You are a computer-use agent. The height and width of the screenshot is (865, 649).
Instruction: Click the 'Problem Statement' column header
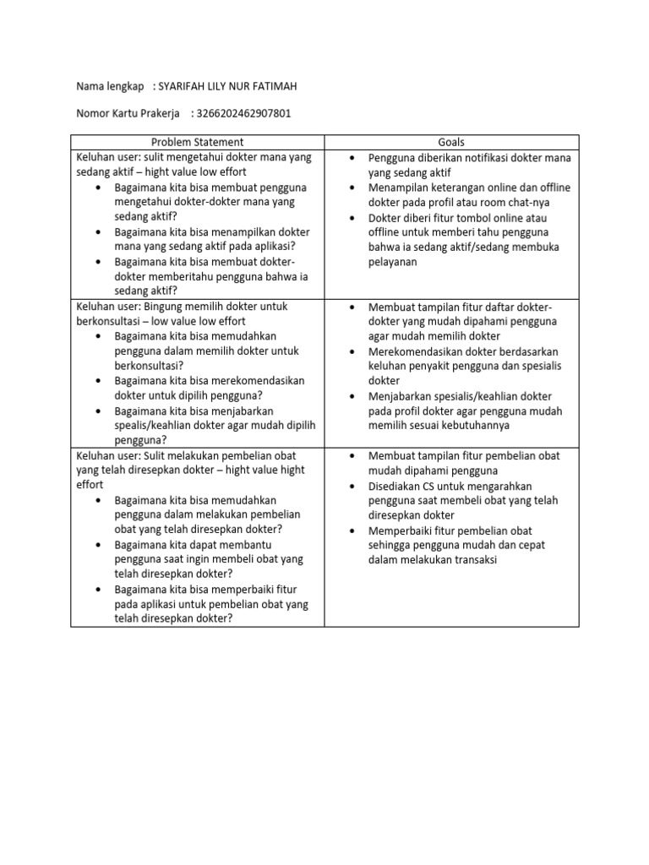(x=198, y=142)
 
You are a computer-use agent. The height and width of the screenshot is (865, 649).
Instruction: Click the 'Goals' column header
(x=451, y=142)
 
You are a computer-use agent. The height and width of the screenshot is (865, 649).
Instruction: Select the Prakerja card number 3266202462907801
(x=243, y=114)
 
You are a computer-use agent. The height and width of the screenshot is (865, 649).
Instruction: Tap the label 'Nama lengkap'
(x=110, y=87)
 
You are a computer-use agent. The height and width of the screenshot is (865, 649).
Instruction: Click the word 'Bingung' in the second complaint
(x=163, y=306)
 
